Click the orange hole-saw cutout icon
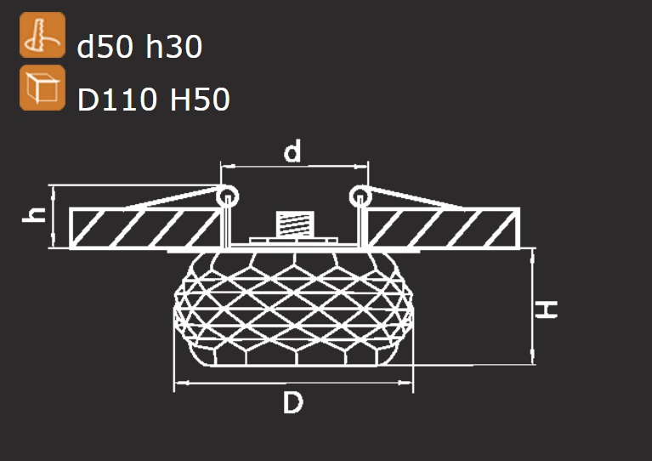(x=43, y=35)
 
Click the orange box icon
(x=43, y=88)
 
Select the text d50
(x=105, y=46)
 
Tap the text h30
(x=173, y=46)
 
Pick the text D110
(x=117, y=99)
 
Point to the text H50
(x=200, y=99)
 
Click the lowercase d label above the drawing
(x=292, y=151)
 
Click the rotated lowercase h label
(x=34, y=214)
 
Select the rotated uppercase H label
(x=546, y=310)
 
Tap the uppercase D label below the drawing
(x=293, y=403)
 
